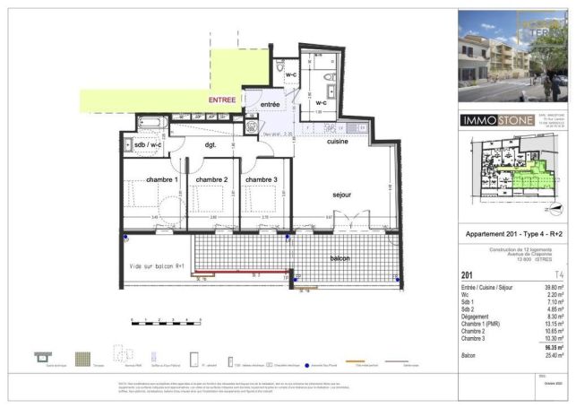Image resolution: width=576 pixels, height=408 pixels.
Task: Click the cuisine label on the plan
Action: pos(337,142)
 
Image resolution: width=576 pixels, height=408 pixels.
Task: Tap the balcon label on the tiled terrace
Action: pos(340,258)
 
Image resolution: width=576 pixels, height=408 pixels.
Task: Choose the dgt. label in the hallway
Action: pos(211,144)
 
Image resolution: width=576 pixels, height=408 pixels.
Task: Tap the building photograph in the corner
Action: pos(512,56)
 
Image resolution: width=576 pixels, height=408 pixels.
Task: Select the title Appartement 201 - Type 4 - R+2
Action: pos(512,235)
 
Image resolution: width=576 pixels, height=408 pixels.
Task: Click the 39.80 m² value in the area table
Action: pos(554,285)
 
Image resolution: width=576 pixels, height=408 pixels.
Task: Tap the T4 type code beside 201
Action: pos(560,275)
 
